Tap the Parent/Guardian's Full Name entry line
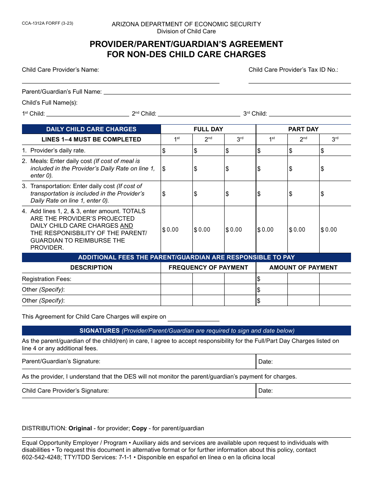point(227,91)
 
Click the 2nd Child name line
point(199,113)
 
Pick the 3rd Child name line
point(309,113)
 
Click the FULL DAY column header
point(208,129)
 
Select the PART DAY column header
point(303,129)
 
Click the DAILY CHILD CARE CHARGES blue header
point(91,129)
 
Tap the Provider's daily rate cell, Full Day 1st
point(177,150)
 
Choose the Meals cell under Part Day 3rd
point(335,169)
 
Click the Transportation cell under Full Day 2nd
point(208,194)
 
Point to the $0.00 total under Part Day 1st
point(272,230)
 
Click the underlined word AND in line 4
point(126,226)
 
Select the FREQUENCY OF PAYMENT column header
point(208,268)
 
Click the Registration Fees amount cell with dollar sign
point(272,279)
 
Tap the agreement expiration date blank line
point(193,317)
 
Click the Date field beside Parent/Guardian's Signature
point(303,362)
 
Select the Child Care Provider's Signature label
point(65,391)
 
